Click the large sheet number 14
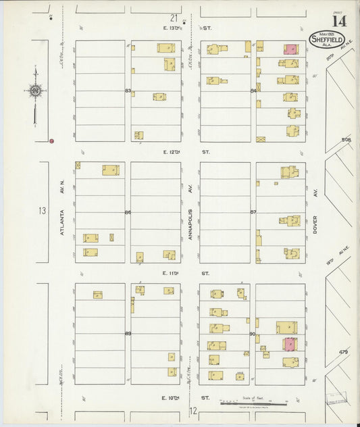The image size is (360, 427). [x=339, y=21]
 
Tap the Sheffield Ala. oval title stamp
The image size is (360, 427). [x=327, y=40]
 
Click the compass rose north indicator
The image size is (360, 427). [x=34, y=90]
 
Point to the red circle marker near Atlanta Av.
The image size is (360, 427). [x=51, y=141]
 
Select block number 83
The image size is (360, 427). [x=128, y=91]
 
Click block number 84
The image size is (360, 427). [x=253, y=91]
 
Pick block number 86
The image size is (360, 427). [x=128, y=212]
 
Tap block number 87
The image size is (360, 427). [x=253, y=212]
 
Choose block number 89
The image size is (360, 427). [x=128, y=334]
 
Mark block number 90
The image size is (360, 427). [x=253, y=334]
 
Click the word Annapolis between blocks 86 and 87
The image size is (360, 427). [x=190, y=218]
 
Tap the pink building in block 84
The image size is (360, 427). [x=290, y=49]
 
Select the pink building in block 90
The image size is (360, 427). [x=289, y=344]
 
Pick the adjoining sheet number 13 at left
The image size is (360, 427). [x=42, y=211]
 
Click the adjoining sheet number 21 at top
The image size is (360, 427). [x=174, y=18]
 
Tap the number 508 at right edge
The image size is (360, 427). [x=346, y=141]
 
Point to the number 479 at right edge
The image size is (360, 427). [x=344, y=352]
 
